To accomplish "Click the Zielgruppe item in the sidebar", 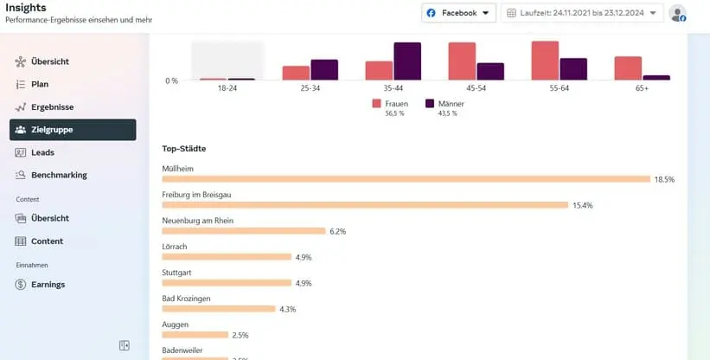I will click(73, 130).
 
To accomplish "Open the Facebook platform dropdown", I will click(459, 13).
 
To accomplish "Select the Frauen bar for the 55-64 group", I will click(545, 61).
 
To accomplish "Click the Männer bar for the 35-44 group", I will click(407, 61).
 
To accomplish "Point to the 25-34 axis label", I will click(310, 89).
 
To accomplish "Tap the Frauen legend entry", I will click(391, 103).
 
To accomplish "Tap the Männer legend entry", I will click(444, 103).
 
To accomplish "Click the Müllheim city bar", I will click(406, 179).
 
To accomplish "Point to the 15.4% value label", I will click(583, 205).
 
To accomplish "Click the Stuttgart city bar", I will click(227, 283).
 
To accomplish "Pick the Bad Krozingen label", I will click(186, 299).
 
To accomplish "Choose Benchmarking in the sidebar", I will click(59, 175).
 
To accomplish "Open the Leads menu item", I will click(42, 152).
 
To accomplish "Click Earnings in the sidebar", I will click(48, 284).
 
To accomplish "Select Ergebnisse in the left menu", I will click(52, 107).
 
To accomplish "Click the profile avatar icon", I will click(678, 13).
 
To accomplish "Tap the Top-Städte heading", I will click(184, 149).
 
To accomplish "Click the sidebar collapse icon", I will click(125, 345).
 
